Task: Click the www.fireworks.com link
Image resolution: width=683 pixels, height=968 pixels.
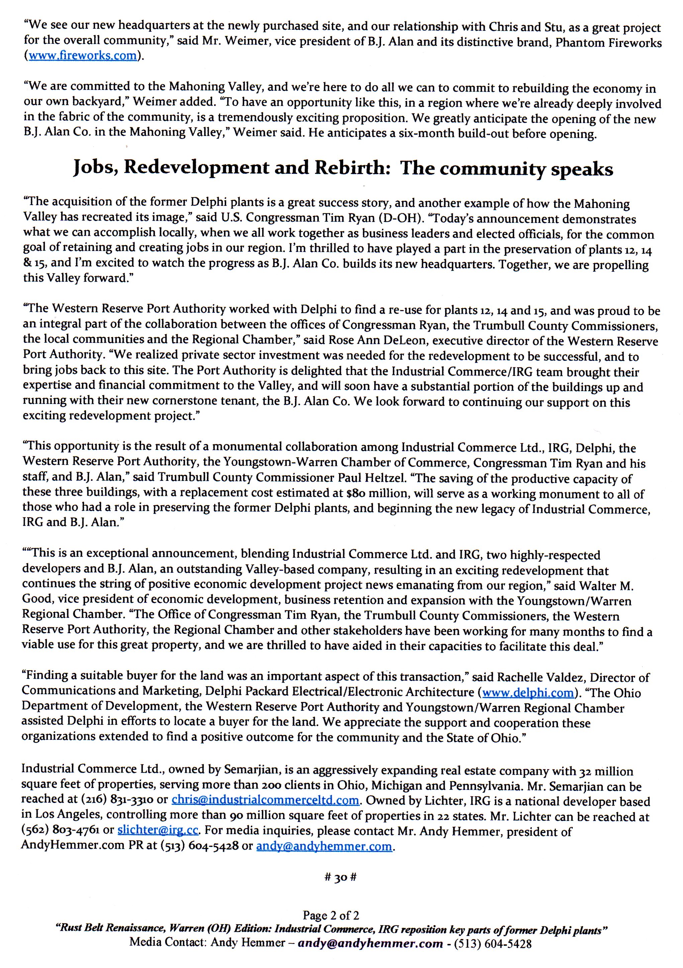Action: click(x=82, y=56)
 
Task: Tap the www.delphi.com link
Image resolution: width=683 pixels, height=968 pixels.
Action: click(x=528, y=693)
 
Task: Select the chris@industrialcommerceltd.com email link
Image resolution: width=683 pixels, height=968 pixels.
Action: click(x=266, y=800)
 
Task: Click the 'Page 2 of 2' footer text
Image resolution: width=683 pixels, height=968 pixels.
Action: click(x=330, y=915)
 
